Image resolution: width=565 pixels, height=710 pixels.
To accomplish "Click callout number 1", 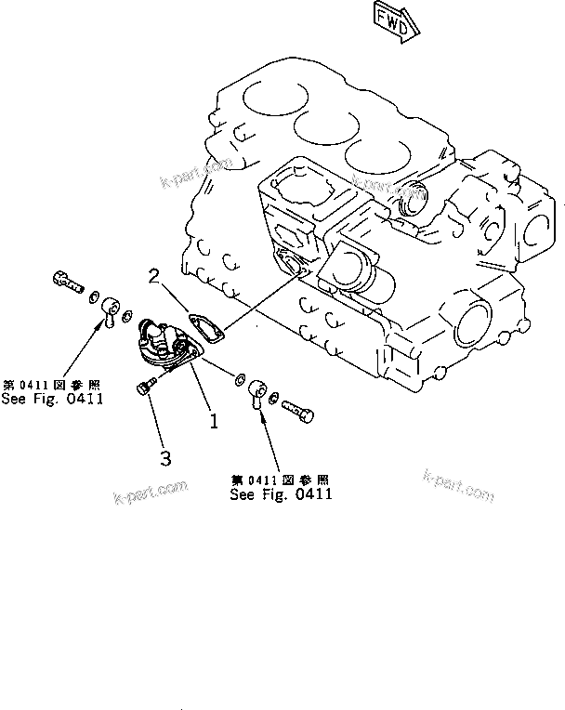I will (x=214, y=420).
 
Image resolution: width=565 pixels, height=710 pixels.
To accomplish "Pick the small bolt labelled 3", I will (x=142, y=388).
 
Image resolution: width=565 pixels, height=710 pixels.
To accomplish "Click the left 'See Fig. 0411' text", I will (x=53, y=400).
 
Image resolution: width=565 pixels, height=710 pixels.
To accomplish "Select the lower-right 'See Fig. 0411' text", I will (x=282, y=494).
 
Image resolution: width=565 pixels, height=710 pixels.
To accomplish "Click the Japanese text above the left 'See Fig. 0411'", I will (x=53, y=385).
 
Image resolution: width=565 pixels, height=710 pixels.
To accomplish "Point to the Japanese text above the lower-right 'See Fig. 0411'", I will (x=282, y=480).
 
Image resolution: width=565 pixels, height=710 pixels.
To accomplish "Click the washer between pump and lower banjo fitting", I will (x=240, y=378).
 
